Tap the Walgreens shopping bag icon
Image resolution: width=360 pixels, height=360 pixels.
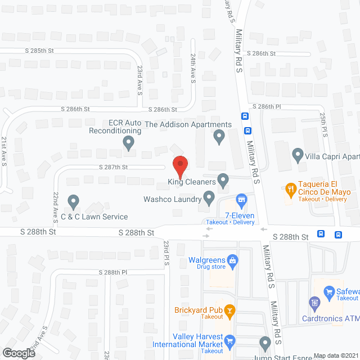tap(232, 260)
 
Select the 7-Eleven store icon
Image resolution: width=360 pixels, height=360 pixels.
tap(241, 199)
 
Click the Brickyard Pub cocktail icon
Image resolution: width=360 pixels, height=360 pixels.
tap(229, 310)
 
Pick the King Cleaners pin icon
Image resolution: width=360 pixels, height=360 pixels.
tap(223, 181)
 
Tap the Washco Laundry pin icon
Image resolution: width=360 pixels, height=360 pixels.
tap(209, 197)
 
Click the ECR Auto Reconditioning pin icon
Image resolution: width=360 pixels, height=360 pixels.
tap(129, 143)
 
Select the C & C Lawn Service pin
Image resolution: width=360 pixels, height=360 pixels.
tap(73, 201)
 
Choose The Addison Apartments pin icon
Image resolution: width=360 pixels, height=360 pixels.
tap(219, 136)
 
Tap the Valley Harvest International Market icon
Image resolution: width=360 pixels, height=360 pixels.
tap(229, 340)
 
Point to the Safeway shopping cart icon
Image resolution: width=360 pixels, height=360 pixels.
tap(330, 291)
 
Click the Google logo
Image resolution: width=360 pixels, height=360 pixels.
tap(18, 353)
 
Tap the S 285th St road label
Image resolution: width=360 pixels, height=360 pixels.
tap(39, 51)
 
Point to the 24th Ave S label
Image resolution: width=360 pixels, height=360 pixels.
tap(192, 69)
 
